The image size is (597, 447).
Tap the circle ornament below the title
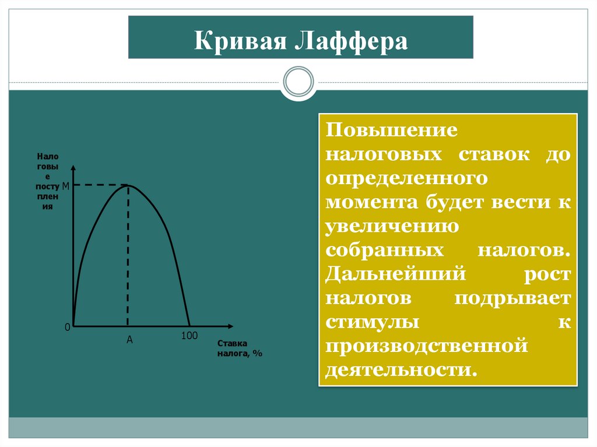298,82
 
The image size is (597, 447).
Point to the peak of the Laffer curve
128,185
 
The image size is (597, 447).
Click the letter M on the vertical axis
65,186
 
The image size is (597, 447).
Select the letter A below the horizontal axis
129,340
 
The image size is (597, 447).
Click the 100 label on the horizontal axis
189,336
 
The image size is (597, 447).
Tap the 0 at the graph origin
67,328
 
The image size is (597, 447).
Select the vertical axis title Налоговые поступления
47,181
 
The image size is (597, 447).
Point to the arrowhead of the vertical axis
73,168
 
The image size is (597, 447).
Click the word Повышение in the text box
384,130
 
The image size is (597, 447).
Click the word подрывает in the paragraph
512,298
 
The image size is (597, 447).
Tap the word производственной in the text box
426,346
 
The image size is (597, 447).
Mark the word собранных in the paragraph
382,250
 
